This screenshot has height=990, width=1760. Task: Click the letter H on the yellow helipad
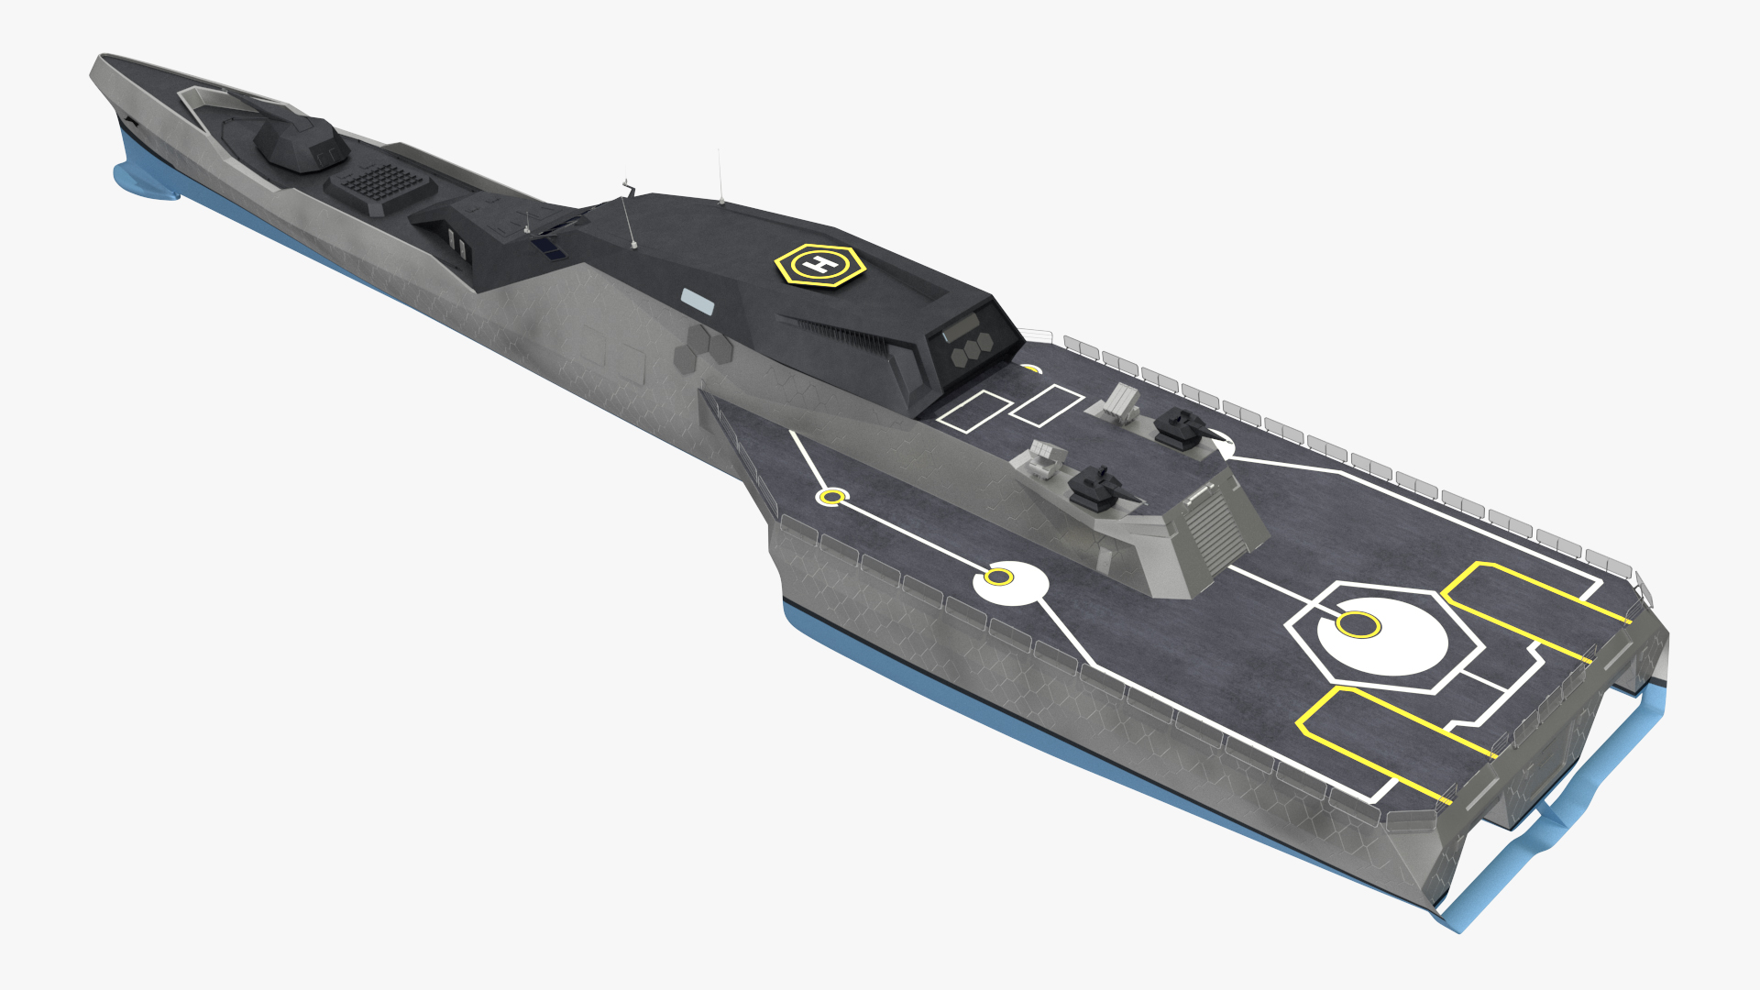point(819,265)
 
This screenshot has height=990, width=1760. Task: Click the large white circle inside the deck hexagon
point(1382,636)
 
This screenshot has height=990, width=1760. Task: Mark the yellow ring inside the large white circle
point(1358,625)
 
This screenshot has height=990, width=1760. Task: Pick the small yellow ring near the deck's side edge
point(831,497)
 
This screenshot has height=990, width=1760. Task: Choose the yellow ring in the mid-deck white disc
point(998,577)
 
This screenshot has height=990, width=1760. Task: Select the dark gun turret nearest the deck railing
point(1184,427)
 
